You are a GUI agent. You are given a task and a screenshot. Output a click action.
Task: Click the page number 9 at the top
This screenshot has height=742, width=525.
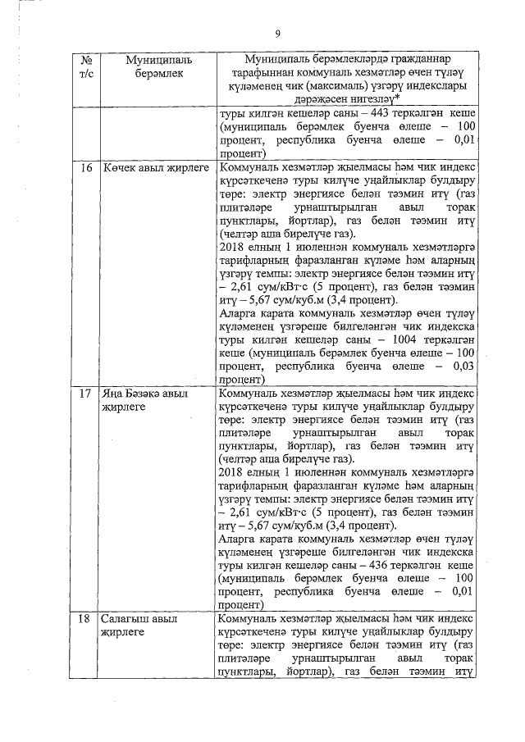pyautogui.click(x=277, y=34)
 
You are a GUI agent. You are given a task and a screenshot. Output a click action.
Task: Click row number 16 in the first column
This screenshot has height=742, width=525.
pyautogui.click(x=86, y=167)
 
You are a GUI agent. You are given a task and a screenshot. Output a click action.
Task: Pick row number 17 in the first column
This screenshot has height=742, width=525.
pyautogui.click(x=86, y=394)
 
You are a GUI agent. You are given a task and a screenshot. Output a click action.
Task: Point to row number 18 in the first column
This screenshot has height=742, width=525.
pyautogui.click(x=86, y=619)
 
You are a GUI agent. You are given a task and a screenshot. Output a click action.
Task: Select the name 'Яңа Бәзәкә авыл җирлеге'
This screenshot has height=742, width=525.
pyautogui.click(x=143, y=400)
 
